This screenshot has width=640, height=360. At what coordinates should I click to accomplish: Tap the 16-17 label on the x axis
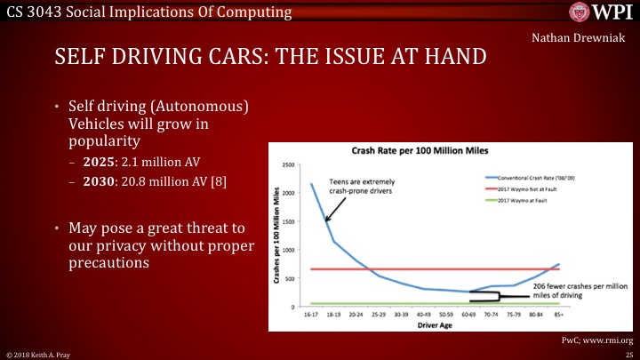(x=311, y=314)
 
